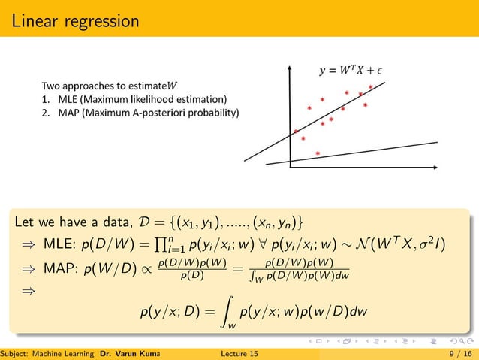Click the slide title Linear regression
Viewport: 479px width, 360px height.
tap(75, 21)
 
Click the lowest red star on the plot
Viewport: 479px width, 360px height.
tap(318, 153)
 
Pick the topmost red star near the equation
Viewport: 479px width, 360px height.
tap(371, 87)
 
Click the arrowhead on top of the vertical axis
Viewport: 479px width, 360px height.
tap(290, 67)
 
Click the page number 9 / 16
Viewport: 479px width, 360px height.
tap(453, 353)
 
